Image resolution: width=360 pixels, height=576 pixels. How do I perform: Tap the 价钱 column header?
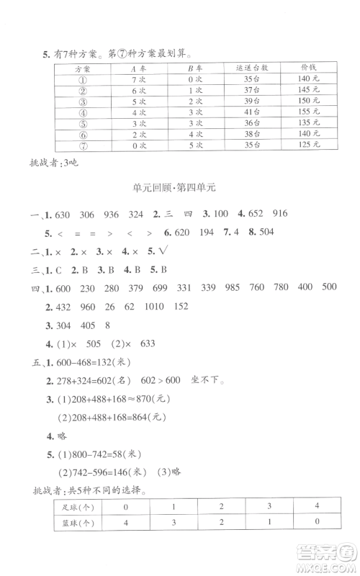pyautogui.click(x=310, y=68)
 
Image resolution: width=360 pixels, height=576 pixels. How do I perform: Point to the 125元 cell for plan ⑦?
pyautogui.click(x=310, y=144)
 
